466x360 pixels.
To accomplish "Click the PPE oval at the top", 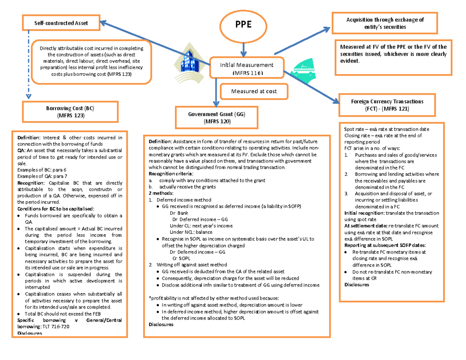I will pyautogui.click(x=243, y=25).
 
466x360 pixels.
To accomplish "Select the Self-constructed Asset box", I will pyautogui.click(x=61, y=23).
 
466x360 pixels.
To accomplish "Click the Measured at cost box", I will pyautogui.click(x=254, y=91).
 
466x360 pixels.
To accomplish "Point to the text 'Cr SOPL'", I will pyautogui.click(x=182, y=258).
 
